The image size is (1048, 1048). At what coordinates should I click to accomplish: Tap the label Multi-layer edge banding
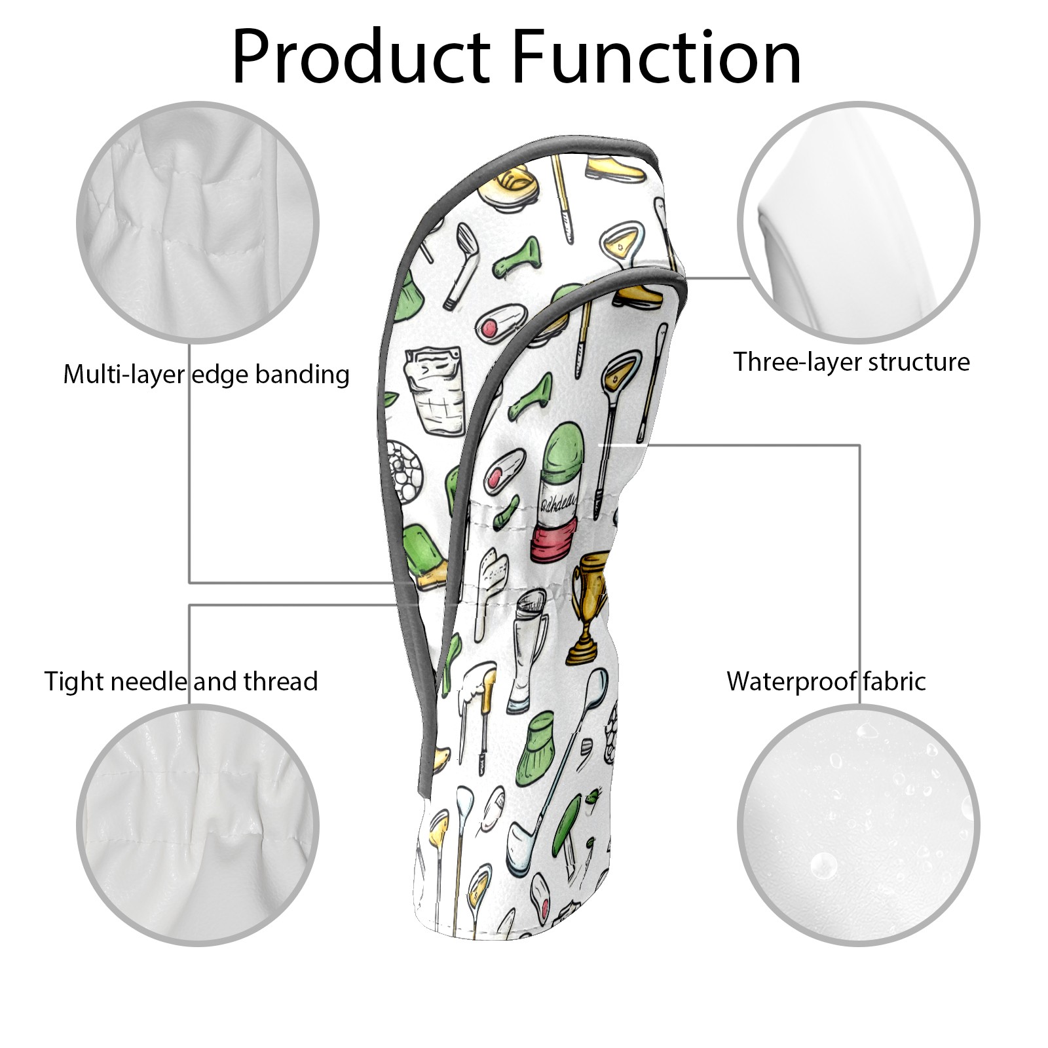pos(206,375)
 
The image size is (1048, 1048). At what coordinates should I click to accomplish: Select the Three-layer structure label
pos(851,362)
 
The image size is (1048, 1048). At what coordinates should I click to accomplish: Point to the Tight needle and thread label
pos(181,681)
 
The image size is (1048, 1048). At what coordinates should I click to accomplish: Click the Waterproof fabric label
pos(827,681)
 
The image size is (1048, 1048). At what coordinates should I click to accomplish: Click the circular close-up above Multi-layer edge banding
pos(198,222)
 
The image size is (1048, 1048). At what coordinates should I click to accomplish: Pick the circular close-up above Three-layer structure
pos(859,222)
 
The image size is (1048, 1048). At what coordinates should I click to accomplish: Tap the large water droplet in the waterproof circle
pos(823,866)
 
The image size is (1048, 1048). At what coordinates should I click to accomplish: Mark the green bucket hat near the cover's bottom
pos(540,745)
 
